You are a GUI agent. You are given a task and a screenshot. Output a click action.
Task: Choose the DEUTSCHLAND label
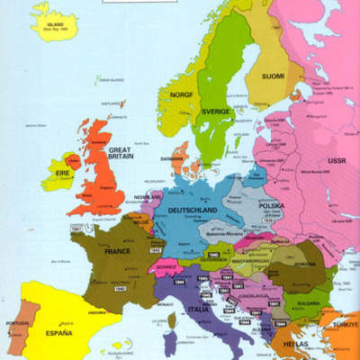(x=192, y=210)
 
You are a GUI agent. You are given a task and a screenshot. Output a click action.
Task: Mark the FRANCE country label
(x=116, y=253)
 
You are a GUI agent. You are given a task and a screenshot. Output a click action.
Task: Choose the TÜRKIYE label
(x=346, y=323)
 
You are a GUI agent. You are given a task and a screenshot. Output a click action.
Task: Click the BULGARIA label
(x=310, y=304)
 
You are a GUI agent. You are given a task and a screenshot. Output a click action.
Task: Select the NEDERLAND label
(x=148, y=197)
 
